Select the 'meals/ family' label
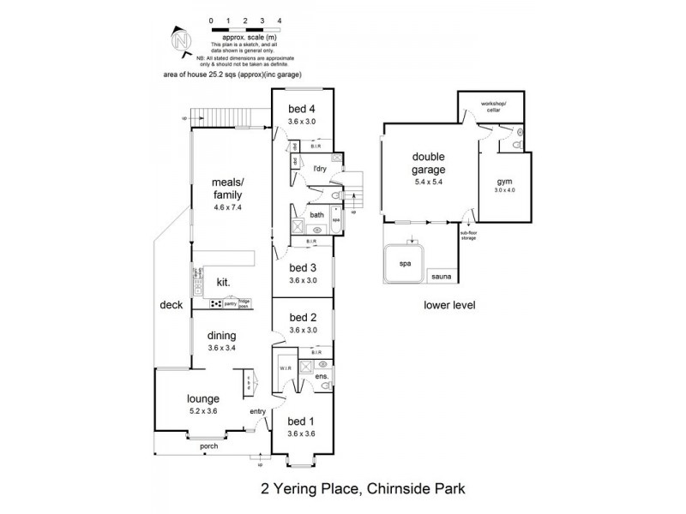point(227,188)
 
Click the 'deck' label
point(171,304)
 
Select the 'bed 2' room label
point(303,317)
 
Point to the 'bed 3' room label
point(303,267)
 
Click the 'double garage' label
point(430,163)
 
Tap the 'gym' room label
point(503,182)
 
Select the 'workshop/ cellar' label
point(493,107)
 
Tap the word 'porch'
point(208,446)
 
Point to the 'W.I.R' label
point(286,369)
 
